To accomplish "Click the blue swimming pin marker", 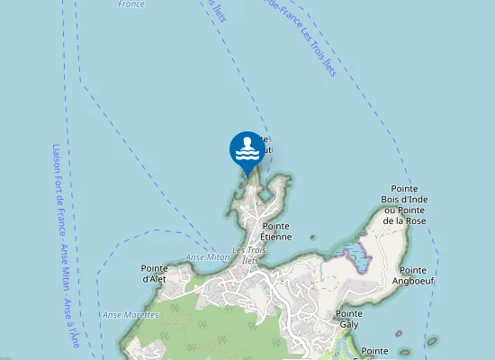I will (247, 149).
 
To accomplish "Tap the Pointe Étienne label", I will (276, 231).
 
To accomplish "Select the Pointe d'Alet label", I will (155, 273).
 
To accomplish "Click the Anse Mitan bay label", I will (207, 257).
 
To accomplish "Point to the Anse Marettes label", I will (124, 315).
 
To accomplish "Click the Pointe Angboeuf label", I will (413, 275).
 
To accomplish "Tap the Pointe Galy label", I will (348, 319).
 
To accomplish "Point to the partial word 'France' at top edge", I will (131, 4).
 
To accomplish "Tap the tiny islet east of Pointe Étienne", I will (313, 238).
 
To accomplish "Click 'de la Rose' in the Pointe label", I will (404, 220).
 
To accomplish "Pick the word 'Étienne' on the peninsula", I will (276, 237).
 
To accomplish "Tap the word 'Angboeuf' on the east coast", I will (413, 281).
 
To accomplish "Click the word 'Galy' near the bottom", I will (348, 324).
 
